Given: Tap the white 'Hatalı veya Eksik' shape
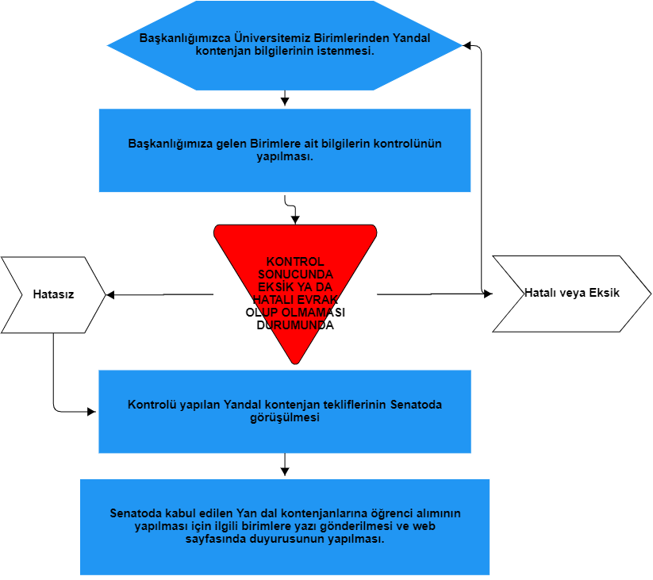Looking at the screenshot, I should click(x=571, y=293).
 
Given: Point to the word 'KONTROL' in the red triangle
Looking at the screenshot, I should click(x=295, y=262).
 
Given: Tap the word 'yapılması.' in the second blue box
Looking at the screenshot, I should click(x=284, y=156).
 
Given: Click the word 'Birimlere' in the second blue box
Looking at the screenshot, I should click(x=275, y=144).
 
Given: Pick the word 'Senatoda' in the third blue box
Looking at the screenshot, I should click(x=416, y=405).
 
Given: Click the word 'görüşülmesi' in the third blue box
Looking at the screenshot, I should click(x=284, y=417).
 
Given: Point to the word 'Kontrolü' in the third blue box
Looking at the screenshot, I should click(x=151, y=405).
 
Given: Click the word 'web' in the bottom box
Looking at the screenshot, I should click(x=425, y=525).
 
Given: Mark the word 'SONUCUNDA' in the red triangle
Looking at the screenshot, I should click(x=295, y=274).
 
